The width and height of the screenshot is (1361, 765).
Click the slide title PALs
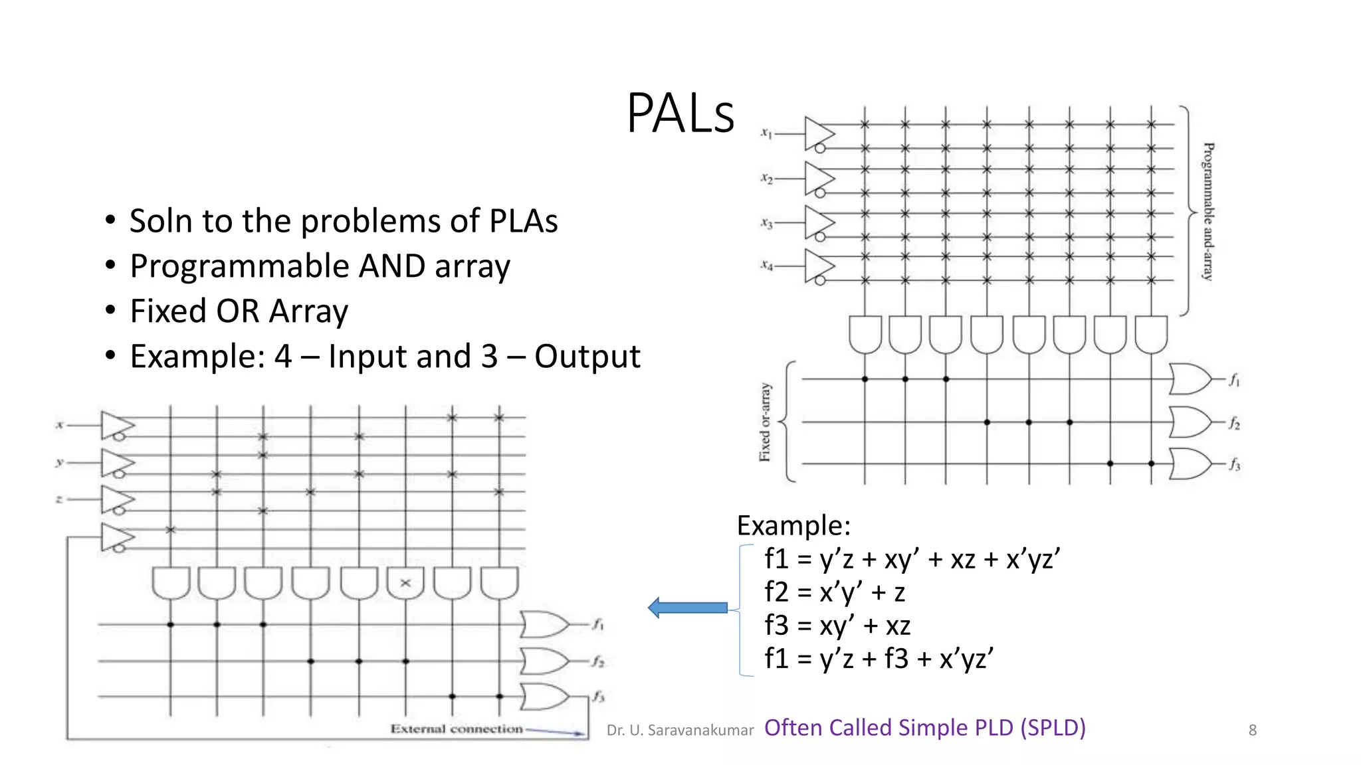(x=680, y=114)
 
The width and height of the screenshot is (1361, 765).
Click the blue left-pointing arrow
(x=688, y=608)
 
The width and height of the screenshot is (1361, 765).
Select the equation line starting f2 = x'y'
(x=835, y=592)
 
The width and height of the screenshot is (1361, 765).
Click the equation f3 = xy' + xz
(x=837, y=626)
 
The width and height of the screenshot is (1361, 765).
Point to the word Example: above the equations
(x=793, y=526)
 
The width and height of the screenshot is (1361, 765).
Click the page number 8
(x=1252, y=730)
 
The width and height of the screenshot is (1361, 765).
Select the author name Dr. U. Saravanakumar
(x=680, y=730)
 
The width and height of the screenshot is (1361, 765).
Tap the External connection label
(x=457, y=729)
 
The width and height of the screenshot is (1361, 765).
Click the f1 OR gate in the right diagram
(x=1191, y=379)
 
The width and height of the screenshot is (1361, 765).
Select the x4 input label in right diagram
(x=767, y=266)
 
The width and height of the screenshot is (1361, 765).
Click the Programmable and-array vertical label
(x=1208, y=211)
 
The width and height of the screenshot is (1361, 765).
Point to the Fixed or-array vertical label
(x=765, y=422)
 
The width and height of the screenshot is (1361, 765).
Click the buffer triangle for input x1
(x=818, y=133)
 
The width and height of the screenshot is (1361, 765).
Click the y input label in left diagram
(x=60, y=462)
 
